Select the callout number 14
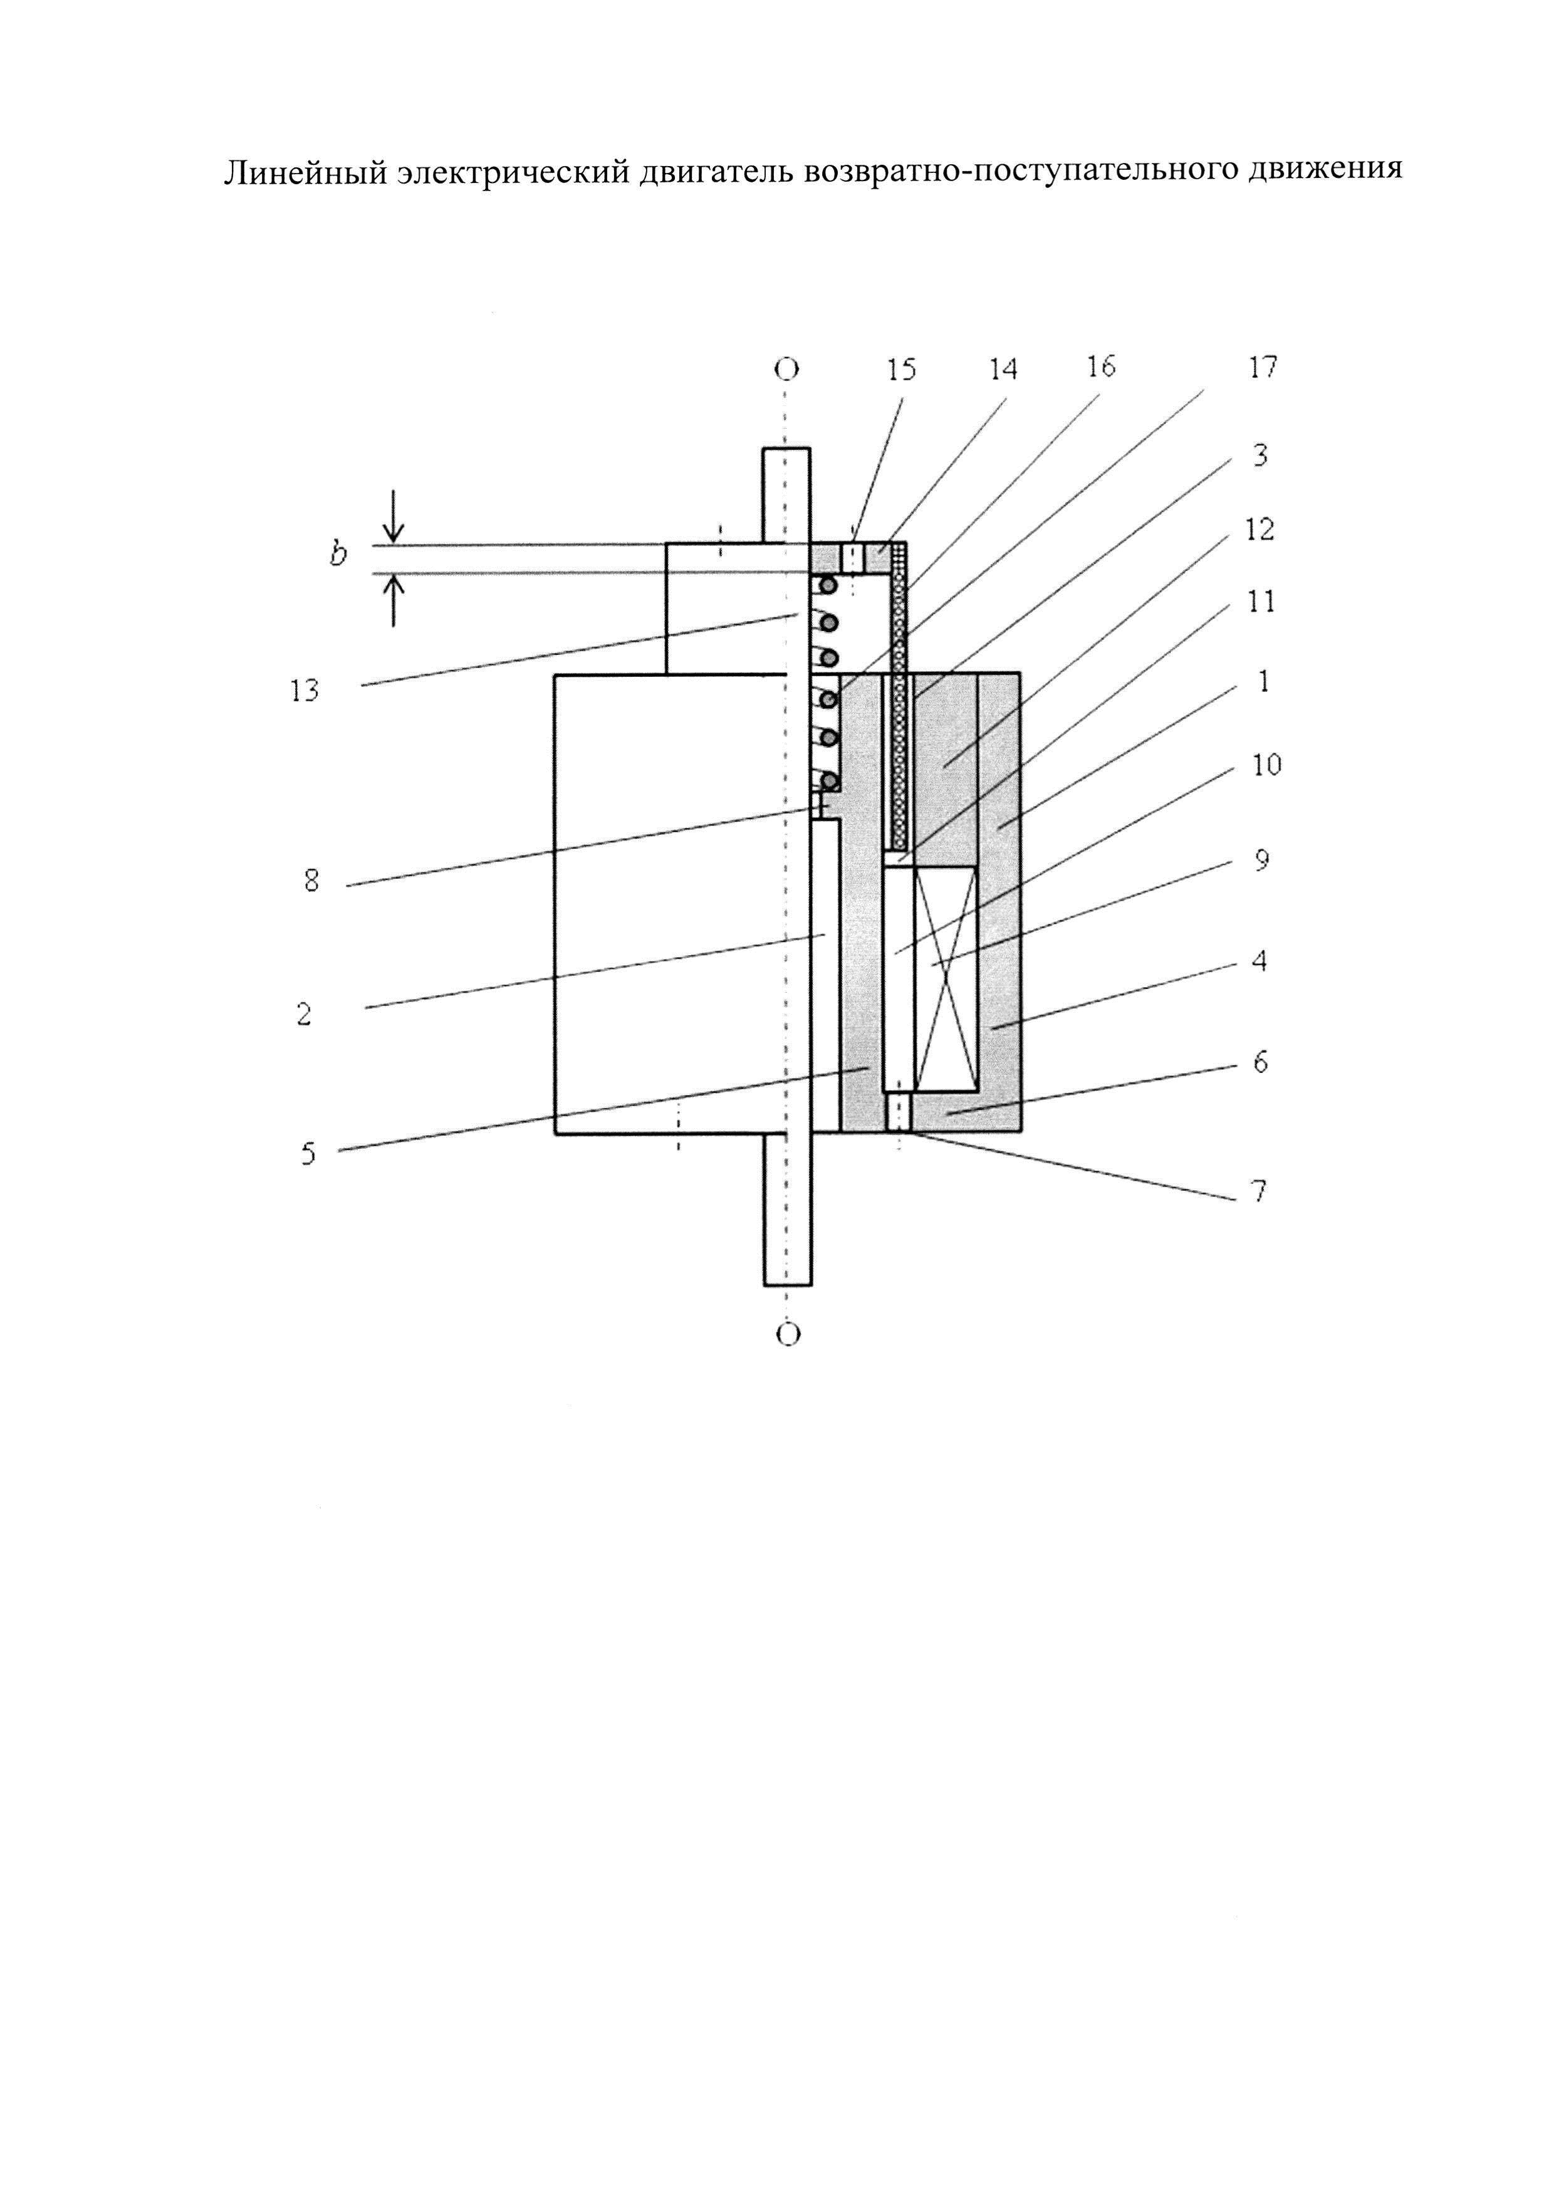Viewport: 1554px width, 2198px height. [1003, 370]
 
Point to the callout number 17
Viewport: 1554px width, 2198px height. [1262, 367]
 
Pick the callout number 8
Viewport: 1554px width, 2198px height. [311, 881]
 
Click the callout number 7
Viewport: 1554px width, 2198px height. [1259, 1191]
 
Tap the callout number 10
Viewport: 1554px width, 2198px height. [1266, 765]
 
